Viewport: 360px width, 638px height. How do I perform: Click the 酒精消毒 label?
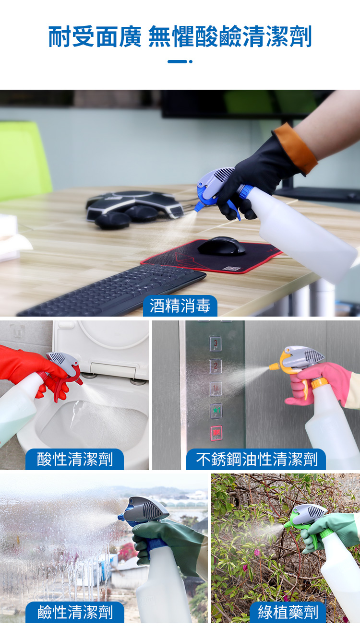point(180,306)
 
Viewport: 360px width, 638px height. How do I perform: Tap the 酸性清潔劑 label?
point(75,459)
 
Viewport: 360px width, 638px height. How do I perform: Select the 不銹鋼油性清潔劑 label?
point(256,459)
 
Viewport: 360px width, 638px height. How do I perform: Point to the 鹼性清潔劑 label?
point(75,612)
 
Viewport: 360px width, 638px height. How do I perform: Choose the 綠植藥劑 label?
point(288,612)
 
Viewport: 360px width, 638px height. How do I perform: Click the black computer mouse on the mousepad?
point(222,246)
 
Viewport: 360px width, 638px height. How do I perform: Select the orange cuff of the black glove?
point(296,149)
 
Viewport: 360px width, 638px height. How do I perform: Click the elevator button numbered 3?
point(216,343)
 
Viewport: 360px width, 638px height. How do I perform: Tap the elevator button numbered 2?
point(216,366)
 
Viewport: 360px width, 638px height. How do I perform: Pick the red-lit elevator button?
point(216,433)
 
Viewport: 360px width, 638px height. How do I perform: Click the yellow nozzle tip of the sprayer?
point(273,366)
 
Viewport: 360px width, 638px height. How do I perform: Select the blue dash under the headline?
point(177,61)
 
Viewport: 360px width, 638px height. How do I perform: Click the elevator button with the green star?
point(216,411)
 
